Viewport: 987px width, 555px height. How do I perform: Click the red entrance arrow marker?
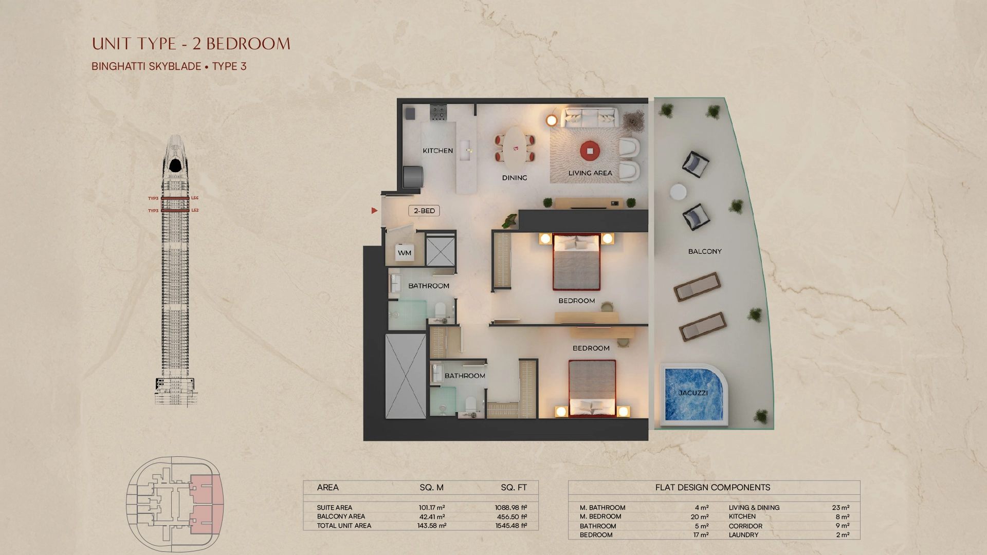pyautogui.click(x=374, y=211)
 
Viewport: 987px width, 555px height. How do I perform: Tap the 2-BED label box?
pyautogui.click(x=424, y=211)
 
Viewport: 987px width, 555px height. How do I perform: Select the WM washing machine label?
pyautogui.click(x=405, y=253)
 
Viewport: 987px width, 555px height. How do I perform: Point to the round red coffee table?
pyautogui.click(x=590, y=151)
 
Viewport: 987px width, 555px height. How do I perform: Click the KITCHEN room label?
pyautogui.click(x=438, y=151)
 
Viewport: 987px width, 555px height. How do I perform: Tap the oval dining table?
pyautogui.click(x=515, y=148)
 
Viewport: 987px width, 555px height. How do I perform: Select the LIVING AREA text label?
pyautogui.click(x=590, y=173)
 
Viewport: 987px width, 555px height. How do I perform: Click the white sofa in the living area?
pyautogui.click(x=589, y=118)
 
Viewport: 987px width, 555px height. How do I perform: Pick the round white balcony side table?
pyautogui.click(x=678, y=192)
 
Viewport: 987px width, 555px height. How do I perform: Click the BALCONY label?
pyautogui.click(x=705, y=251)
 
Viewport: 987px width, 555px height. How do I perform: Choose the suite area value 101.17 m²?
pyautogui.click(x=432, y=508)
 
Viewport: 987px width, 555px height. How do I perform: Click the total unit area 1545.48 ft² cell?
pyautogui.click(x=511, y=526)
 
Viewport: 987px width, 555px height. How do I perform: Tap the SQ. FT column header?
pyautogui.click(x=514, y=487)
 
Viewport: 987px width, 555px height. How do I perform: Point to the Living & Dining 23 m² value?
pyautogui.click(x=840, y=508)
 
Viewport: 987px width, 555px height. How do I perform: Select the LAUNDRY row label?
pyautogui.click(x=743, y=535)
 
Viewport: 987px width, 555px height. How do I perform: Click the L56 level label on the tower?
pyautogui.click(x=195, y=198)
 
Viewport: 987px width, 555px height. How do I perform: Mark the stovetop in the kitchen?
pyautogui.click(x=438, y=113)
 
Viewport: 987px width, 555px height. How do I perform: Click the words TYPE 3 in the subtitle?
pyautogui.click(x=229, y=66)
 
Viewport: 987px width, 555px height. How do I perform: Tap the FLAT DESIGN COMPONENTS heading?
pyautogui.click(x=712, y=487)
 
